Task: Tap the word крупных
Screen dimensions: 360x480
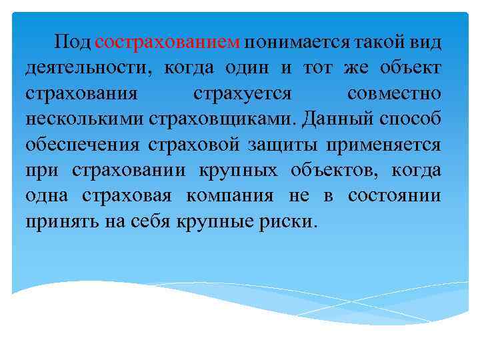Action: (238, 170)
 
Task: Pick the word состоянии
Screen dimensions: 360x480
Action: (399, 195)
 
